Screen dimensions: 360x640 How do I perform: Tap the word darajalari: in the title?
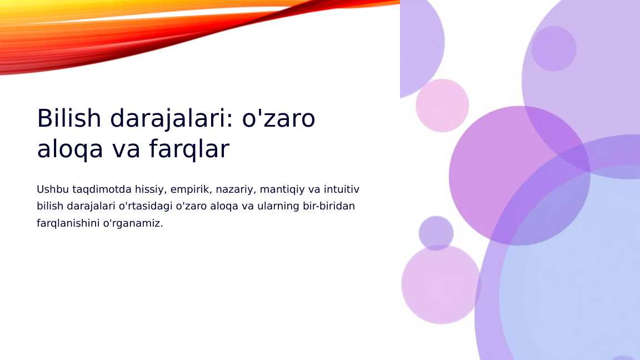click(x=171, y=118)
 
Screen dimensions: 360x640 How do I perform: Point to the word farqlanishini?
click(x=68, y=223)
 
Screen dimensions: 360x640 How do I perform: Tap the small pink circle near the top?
click(x=442, y=106)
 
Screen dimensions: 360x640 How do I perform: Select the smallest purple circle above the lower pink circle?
click(x=436, y=233)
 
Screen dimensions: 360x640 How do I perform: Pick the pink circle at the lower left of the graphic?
click(x=441, y=284)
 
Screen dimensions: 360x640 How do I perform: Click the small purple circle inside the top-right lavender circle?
click(x=553, y=49)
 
